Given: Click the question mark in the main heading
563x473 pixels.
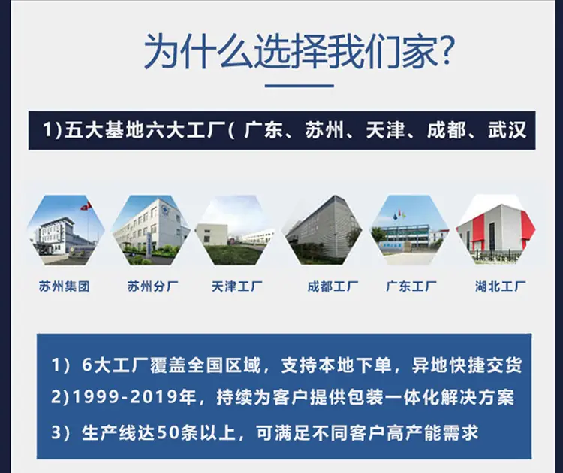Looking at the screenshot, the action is (445, 50).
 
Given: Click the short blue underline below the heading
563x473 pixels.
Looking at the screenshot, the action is (299, 86).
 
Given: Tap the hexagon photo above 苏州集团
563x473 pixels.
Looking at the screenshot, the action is (66, 230).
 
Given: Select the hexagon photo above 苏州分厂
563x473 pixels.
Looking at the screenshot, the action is (151, 230).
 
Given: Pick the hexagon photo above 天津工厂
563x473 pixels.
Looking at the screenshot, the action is (235, 230).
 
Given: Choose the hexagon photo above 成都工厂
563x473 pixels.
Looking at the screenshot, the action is (323, 230).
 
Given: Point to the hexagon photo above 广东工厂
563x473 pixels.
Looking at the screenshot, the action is (410, 230).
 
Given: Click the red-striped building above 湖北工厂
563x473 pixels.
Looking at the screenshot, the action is (496, 230).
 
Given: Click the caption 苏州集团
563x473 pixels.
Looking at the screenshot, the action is (65, 287).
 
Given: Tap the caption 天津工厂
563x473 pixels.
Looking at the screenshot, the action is (237, 287).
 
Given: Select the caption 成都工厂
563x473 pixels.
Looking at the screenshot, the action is (333, 287).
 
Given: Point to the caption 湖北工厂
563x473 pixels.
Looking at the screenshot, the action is (501, 287).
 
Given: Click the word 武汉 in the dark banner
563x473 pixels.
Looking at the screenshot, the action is (507, 130).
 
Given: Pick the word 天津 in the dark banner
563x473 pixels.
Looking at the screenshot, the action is (385, 130).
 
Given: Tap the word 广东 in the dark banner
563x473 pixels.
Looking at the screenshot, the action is (263, 130).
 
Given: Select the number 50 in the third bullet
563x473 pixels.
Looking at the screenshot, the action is (168, 432).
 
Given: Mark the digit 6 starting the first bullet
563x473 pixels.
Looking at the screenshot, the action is (87, 365).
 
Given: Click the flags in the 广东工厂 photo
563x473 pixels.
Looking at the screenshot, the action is (399, 215).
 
